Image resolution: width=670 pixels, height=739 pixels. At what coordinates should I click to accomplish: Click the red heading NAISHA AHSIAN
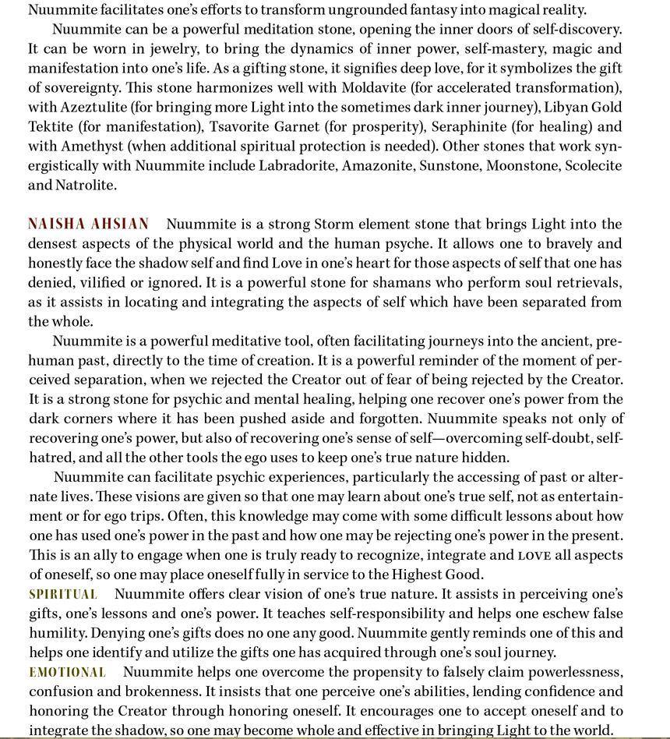coord(88,224)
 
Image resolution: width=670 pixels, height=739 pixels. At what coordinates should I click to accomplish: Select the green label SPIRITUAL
coord(63,594)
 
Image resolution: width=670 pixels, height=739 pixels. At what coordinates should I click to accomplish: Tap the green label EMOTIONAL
coord(67,672)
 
